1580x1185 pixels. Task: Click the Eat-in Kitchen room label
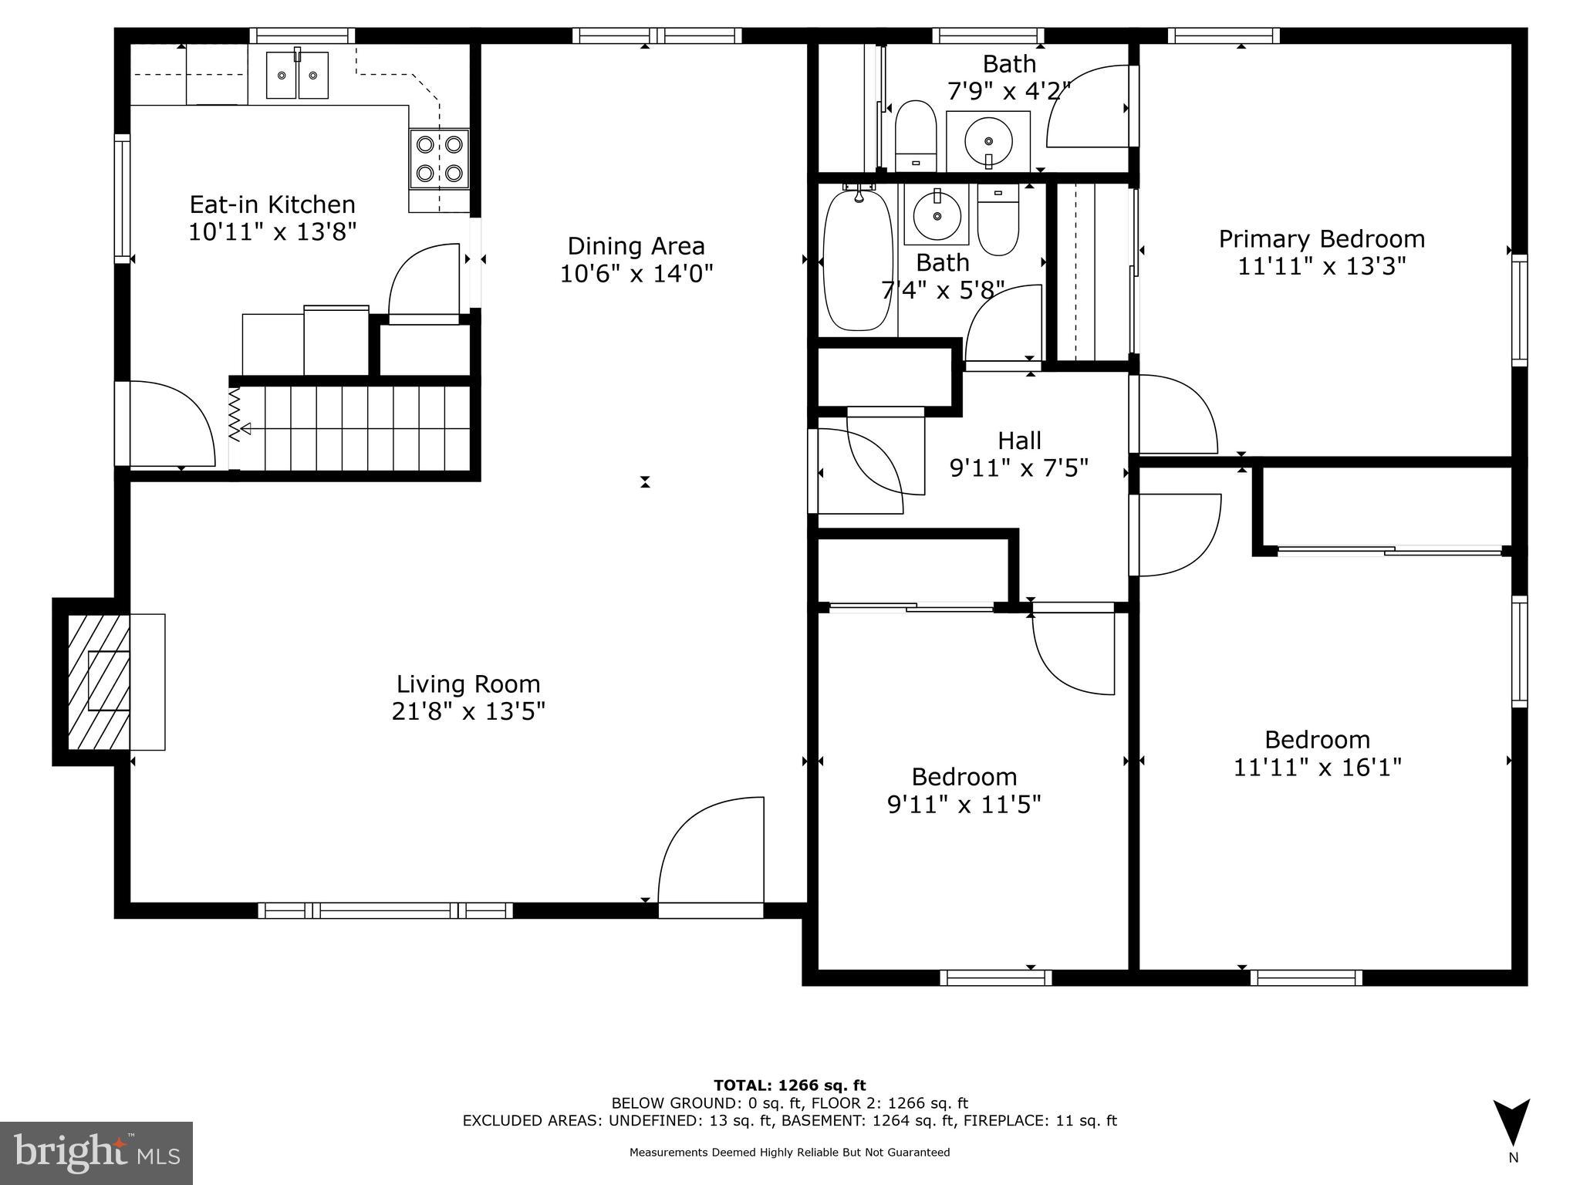tap(272, 204)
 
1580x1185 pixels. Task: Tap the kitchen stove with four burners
tap(439, 158)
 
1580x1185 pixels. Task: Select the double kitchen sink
tap(297, 75)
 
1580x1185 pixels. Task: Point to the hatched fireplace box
tap(99, 681)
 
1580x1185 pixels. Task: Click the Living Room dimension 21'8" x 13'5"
tap(468, 711)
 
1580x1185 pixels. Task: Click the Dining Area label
tap(636, 246)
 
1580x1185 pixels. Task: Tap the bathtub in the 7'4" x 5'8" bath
tap(856, 261)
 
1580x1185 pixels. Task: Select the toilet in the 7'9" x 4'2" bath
tap(916, 135)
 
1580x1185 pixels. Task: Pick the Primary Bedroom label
tap(1321, 239)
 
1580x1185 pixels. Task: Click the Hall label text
tap(1019, 441)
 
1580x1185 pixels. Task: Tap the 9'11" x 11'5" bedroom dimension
tap(964, 805)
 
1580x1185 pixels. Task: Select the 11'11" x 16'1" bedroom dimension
tap(1317, 768)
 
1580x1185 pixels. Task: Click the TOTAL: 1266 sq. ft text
tap(789, 1085)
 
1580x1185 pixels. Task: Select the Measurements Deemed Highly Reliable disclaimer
tap(789, 1153)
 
